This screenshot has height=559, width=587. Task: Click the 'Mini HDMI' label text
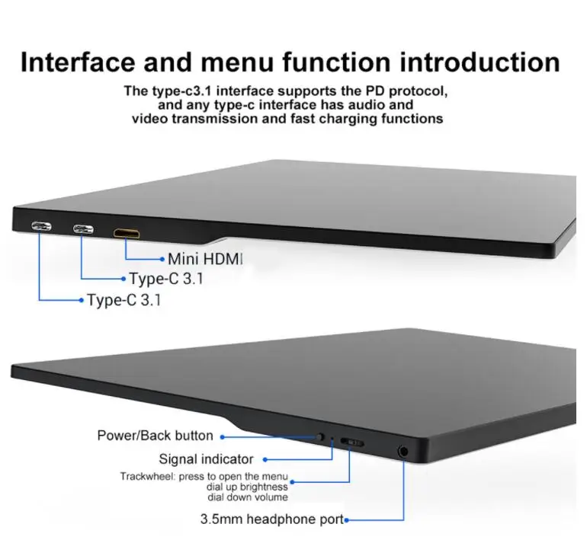tap(204, 259)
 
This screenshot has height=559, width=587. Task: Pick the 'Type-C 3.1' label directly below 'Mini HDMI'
tap(167, 279)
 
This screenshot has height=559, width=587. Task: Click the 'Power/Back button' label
tap(155, 436)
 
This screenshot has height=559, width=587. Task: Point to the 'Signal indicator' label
tap(206, 459)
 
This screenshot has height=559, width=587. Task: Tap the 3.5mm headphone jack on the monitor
tap(403, 450)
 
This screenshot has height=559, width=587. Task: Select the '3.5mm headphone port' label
tap(271, 520)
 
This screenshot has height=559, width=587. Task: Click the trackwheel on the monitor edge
tap(351, 442)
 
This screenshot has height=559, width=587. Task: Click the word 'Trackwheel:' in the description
tap(147, 477)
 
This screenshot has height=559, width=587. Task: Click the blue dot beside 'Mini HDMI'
tap(162, 259)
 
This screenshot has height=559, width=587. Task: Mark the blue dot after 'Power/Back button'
tap(222, 436)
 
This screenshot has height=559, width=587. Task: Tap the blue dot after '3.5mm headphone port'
tap(346, 520)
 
